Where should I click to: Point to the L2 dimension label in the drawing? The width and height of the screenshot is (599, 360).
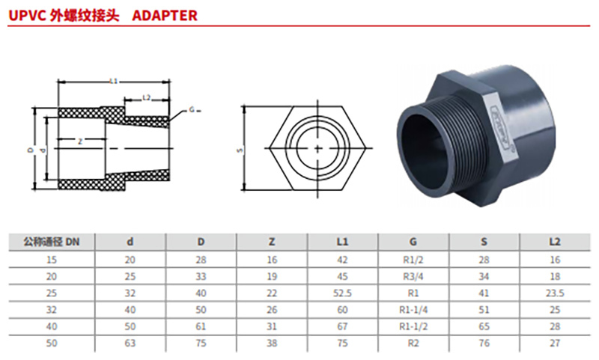coord(147,97)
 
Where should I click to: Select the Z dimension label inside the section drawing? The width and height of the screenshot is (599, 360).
coord(79,141)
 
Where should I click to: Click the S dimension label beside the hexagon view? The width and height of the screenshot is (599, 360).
coord(240,150)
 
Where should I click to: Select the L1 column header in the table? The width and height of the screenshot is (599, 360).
coord(343,242)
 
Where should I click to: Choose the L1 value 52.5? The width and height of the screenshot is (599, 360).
coord(343,293)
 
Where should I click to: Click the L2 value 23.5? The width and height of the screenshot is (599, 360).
coord(555,293)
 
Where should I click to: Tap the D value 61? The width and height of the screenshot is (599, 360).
coord(201,328)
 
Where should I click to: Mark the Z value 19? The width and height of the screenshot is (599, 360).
coord(272,276)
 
